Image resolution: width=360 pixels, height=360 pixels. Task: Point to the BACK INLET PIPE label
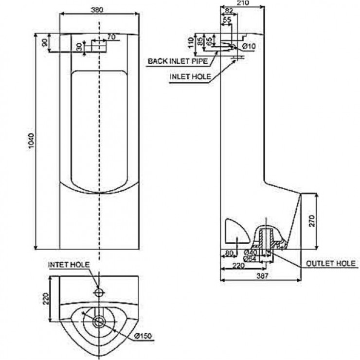tap(178, 61)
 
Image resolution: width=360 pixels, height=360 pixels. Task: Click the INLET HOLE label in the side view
tap(190, 77)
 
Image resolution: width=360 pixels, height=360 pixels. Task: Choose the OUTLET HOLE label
tap(331, 263)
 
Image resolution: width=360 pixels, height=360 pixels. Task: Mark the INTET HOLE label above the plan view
tap(69, 264)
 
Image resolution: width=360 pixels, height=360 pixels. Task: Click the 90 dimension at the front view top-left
tap(45, 43)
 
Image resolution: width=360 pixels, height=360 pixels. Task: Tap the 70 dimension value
tap(111, 36)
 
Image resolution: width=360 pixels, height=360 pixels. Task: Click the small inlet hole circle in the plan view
tap(99, 292)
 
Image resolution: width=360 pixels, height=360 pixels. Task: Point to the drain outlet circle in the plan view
tap(99, 321)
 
